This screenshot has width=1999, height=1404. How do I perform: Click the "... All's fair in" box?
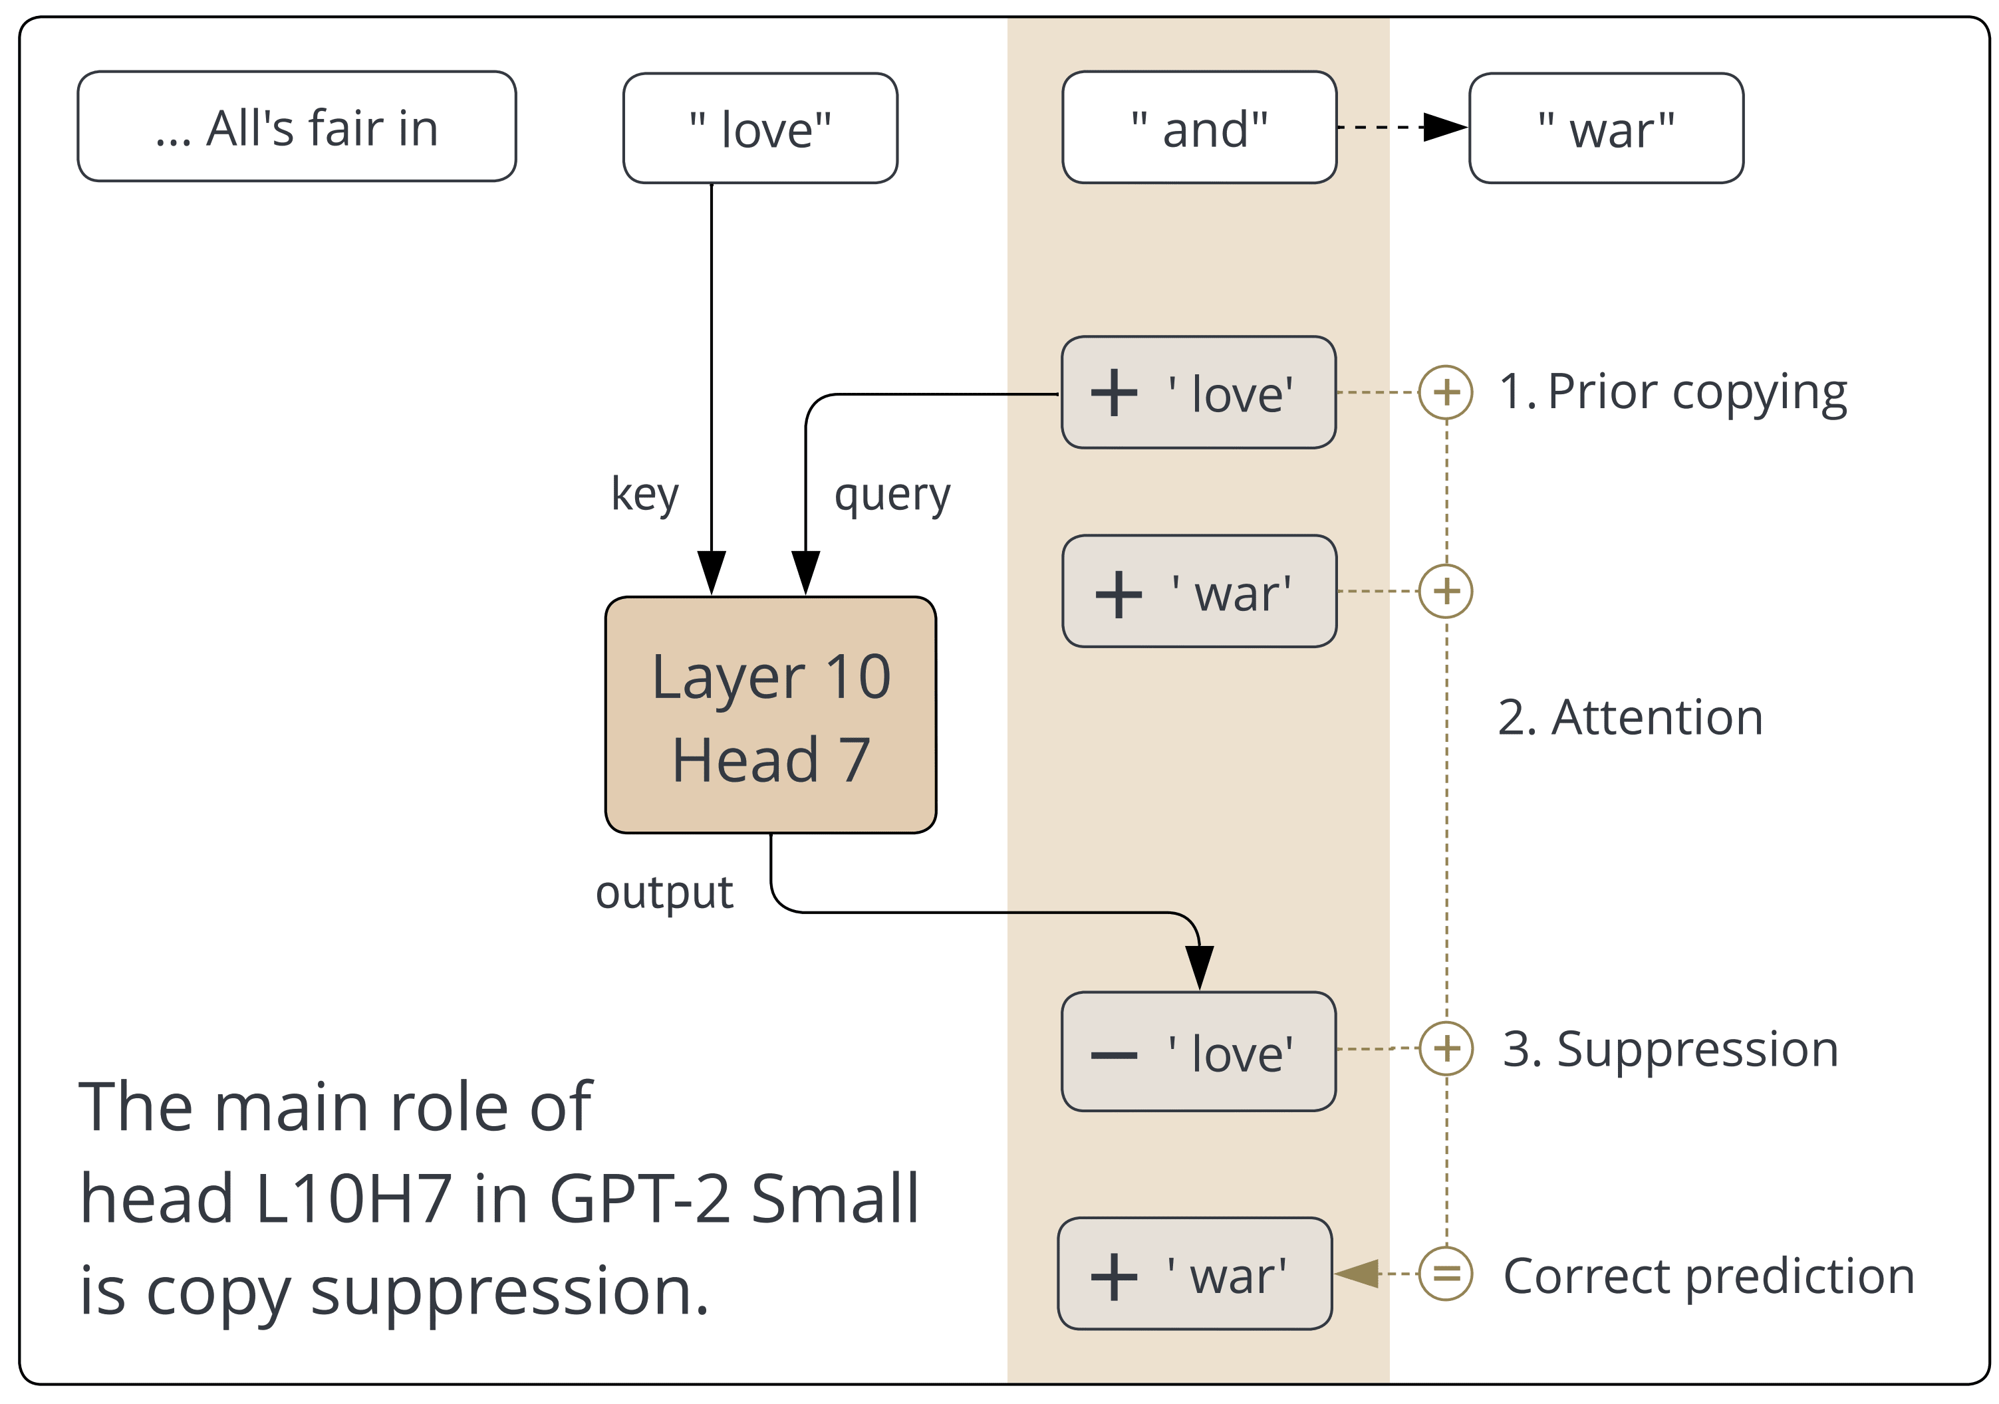296,127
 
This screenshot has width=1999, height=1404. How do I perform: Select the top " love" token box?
760,129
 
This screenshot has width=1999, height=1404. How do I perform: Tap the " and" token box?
1199,128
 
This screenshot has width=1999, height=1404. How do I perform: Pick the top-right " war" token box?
1605,129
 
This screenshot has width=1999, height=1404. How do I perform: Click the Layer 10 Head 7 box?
771,715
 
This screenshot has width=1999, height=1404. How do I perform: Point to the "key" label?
644,495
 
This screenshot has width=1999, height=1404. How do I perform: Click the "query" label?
892,496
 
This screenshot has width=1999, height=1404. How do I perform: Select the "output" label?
664,892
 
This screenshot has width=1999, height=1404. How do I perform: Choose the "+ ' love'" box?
1198,393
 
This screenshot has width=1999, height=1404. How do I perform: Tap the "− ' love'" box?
1198,1052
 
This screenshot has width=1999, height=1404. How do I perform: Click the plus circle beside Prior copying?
1446,393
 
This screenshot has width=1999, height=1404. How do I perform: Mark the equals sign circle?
1446,1274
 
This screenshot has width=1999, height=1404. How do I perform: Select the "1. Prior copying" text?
1672,393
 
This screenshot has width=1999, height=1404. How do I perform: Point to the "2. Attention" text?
1630,718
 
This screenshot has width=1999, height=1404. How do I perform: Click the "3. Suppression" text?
1670,1049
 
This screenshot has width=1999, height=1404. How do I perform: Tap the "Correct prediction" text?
1708,1276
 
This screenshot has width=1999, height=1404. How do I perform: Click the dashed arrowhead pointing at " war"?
1445,127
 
